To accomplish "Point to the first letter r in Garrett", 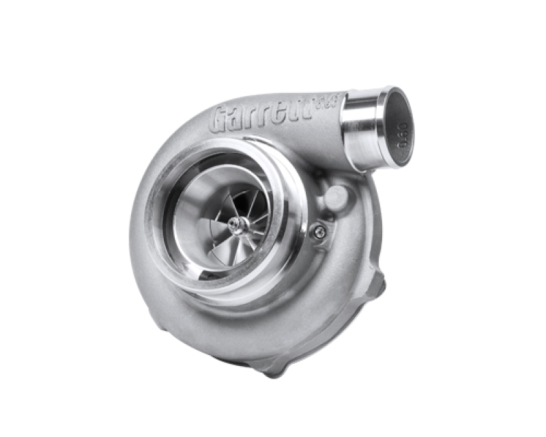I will point(255,119).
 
